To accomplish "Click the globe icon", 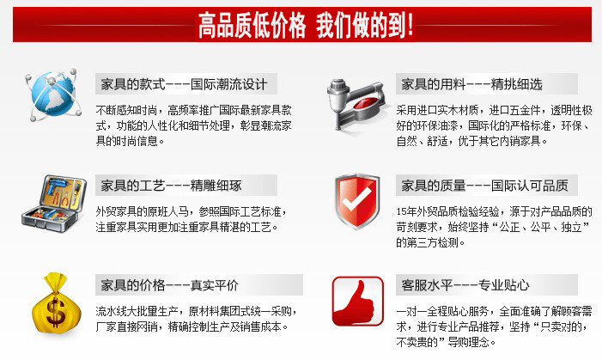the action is click(53, 95).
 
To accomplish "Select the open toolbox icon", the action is click(53, 204).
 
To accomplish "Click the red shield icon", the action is click(357, 201).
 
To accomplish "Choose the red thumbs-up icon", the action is click(358, 302).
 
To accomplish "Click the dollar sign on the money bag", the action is click(56, 313).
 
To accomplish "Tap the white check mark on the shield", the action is click(357, 198).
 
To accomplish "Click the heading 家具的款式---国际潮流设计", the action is click(184, 84).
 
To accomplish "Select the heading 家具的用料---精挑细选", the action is click(471, 84).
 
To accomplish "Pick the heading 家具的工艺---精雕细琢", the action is click(171, 186).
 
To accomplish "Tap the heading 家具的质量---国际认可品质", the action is click(484, 186).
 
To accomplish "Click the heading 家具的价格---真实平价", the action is click(169, 285).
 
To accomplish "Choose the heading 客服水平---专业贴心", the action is click(465, 285).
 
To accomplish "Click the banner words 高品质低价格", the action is click(252, 26).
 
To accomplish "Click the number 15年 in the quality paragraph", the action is click(406, 211).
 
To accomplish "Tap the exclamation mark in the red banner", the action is click(410, 25).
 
